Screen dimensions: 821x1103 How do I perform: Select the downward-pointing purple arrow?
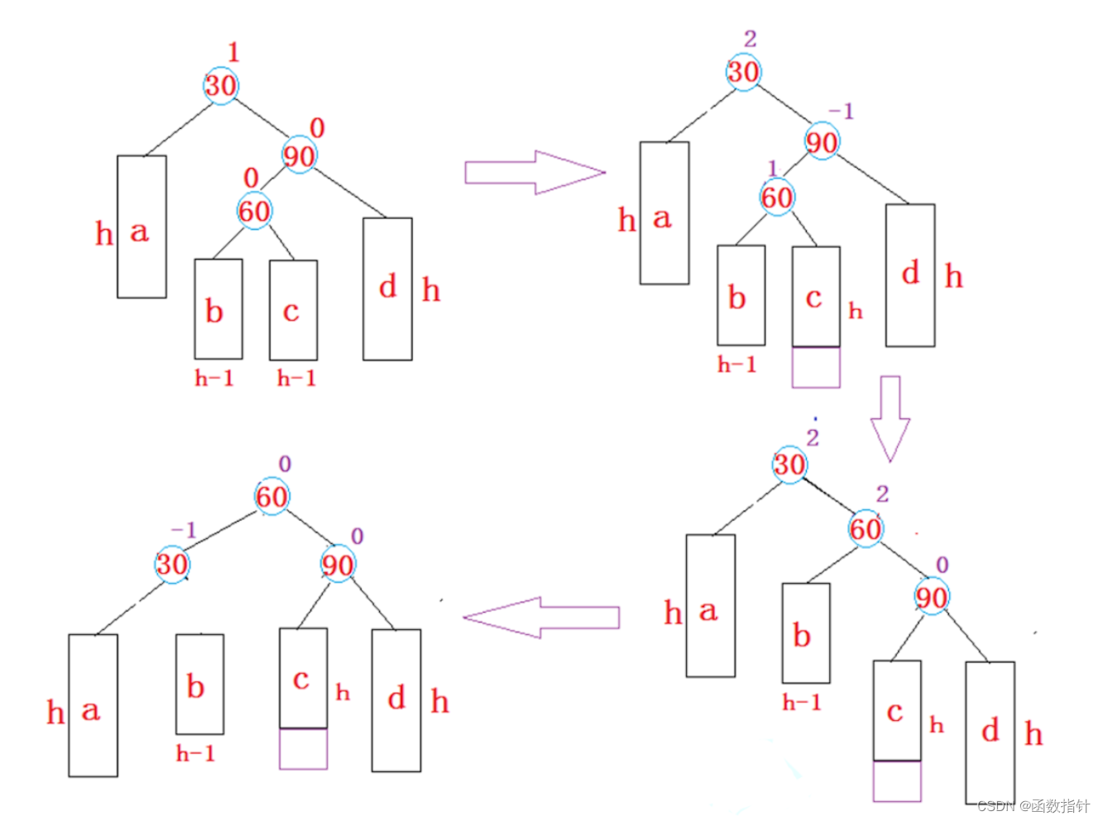point(890,418)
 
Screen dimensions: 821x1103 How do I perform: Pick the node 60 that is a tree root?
point(271,497)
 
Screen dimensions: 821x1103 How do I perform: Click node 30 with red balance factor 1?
point(221,85)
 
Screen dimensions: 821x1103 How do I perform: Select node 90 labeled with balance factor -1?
point(822,142)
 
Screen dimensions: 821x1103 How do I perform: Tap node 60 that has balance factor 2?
point(866,528)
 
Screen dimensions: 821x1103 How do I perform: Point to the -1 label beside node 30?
point(183,529)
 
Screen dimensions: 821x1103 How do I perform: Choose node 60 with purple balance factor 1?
point(777,198)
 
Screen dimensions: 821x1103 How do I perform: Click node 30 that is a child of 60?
point(173,565)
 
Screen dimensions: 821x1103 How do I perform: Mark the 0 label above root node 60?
point(285,464)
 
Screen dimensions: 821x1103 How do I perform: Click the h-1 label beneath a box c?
point(296,379)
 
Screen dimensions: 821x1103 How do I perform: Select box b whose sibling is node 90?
point(806,632)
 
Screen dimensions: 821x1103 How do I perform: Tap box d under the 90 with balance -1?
point(910,274)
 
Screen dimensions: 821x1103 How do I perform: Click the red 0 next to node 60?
point(251,178)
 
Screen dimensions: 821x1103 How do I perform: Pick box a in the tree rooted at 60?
point(93,705)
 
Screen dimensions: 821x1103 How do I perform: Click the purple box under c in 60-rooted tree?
point(303,749)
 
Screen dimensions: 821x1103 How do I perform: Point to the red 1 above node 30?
point(233,53)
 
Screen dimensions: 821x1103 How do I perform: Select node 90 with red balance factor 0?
point(299,155)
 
